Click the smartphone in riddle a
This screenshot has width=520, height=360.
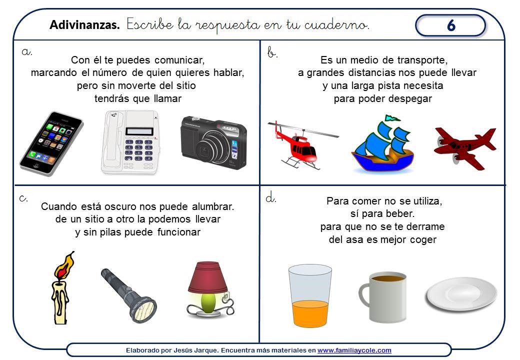pyautogui.click(x=51, y=143)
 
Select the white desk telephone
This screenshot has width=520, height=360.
pyautogui.click(x=130, y=142)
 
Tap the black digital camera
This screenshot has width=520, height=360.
pyautogui.click(x=214, y=142)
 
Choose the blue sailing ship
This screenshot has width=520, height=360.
pyautogui.click(x=382, y=144)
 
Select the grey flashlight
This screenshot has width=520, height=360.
pyautogui.click(x=128, y=295)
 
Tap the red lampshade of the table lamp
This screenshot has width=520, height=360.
pyautogui.click(x=207, y=277)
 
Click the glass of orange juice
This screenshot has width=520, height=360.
pyautogui.click(x=309, y=295)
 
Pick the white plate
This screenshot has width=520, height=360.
pyautogui.click(x=461, y=294)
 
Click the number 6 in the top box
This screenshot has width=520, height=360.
pyautogui.click(x=451, y=25)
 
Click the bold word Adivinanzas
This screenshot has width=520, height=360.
pyautogui.click(x=84, y=25)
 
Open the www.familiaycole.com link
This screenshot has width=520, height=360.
pyautogui.click(x=354, y=350)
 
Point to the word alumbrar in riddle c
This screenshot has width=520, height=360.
pyautogui.click(x=213, y=206)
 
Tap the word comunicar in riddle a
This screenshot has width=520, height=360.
pyautogui.click(x=179, y=60)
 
